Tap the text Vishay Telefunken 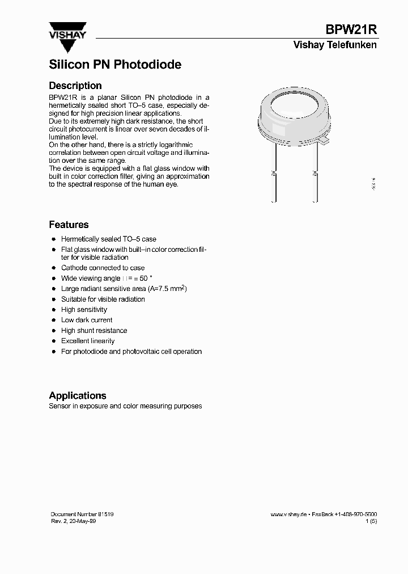334,45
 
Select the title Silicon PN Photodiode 115,65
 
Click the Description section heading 75,86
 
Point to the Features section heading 69,225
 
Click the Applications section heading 78,395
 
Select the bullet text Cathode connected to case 103,268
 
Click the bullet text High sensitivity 84,310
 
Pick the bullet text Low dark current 87,320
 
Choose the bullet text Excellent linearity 88,341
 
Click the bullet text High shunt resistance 94,331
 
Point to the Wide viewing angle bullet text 91,278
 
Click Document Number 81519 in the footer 82,514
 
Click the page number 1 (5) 371,521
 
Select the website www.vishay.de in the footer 288,514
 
